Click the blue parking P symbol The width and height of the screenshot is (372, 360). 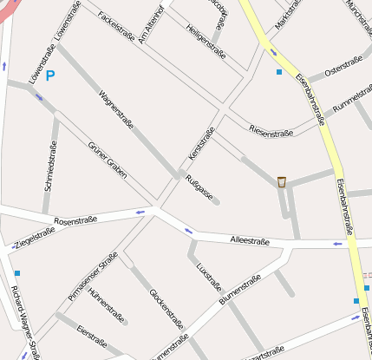pos(50,77)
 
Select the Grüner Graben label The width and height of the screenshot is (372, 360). pos(107,160)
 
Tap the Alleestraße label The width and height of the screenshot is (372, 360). pos(250,240)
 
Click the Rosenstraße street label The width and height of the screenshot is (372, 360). pos(75,221)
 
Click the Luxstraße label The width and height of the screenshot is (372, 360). pos(210,277)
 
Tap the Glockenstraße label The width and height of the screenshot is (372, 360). pos(166,308)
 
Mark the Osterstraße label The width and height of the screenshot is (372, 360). pos(343,69)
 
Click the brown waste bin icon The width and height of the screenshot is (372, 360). pos(282,181)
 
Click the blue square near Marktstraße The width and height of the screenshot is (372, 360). pos(278,72)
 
